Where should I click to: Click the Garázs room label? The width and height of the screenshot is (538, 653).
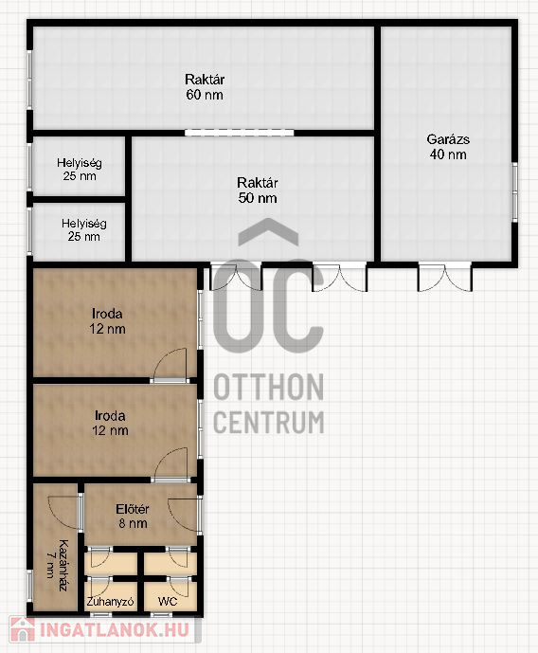(448, 139)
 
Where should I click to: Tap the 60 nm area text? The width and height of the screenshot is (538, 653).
(205, 95)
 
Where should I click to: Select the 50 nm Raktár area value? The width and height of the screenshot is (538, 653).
(258, 197)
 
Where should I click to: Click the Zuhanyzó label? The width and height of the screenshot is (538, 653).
(110, 602)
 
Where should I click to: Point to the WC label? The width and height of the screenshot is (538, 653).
(168, 602)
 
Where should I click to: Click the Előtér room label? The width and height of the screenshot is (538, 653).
(133, 509)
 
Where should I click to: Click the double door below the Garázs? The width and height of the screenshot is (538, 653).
(445, 278)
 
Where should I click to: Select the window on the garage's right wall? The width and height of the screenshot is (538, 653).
(514, 192)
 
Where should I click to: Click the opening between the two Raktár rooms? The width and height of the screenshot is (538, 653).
(240, 133)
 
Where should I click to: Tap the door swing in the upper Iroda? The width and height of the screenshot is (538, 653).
(170, 363)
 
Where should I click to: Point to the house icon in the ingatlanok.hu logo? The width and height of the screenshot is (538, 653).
(23, 629)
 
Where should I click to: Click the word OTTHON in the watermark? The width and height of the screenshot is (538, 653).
(268, 388)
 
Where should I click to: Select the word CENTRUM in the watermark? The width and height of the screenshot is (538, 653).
(268, 422)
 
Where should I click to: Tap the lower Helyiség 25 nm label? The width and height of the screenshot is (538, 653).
(84, 230)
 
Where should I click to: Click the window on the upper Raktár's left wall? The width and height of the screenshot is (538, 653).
(29, 80)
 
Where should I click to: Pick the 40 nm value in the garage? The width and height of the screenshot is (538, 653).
(448, 154)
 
